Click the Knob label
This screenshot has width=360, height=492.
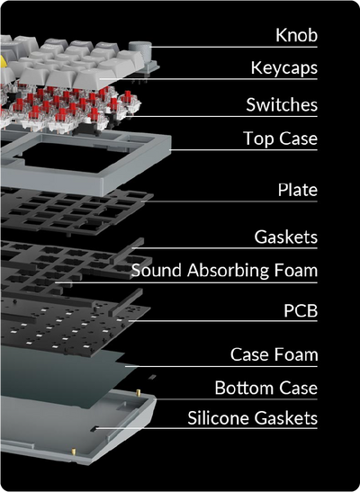[x=297, y=35]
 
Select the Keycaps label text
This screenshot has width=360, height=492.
[x=284, y=68]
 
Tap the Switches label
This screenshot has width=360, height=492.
[x=282, y=104]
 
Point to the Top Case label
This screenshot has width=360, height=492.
[x=280, y=139]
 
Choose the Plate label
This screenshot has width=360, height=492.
[x=298, y=190]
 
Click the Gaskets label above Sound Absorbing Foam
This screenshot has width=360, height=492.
[x=286, y=237]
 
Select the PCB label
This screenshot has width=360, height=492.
[x=301, y=310]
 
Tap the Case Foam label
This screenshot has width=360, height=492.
[x=274, y=354]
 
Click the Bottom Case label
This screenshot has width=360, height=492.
[x=266, y=388]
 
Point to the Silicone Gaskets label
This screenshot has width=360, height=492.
[x=253, y=418]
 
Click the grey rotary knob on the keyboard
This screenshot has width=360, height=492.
[x=140, y=52]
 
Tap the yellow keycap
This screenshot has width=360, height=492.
[x=2, y=61]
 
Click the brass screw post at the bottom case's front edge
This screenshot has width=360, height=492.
[x=74, y=452]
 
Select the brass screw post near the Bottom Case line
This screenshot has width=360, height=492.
[x=139, y=391]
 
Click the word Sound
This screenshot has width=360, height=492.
[x=157, y=270]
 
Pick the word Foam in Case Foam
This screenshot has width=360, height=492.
[x=296, y=354]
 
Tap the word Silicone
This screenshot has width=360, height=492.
[x=219, y=418]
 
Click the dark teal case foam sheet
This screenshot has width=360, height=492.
[x=63, y=373]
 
